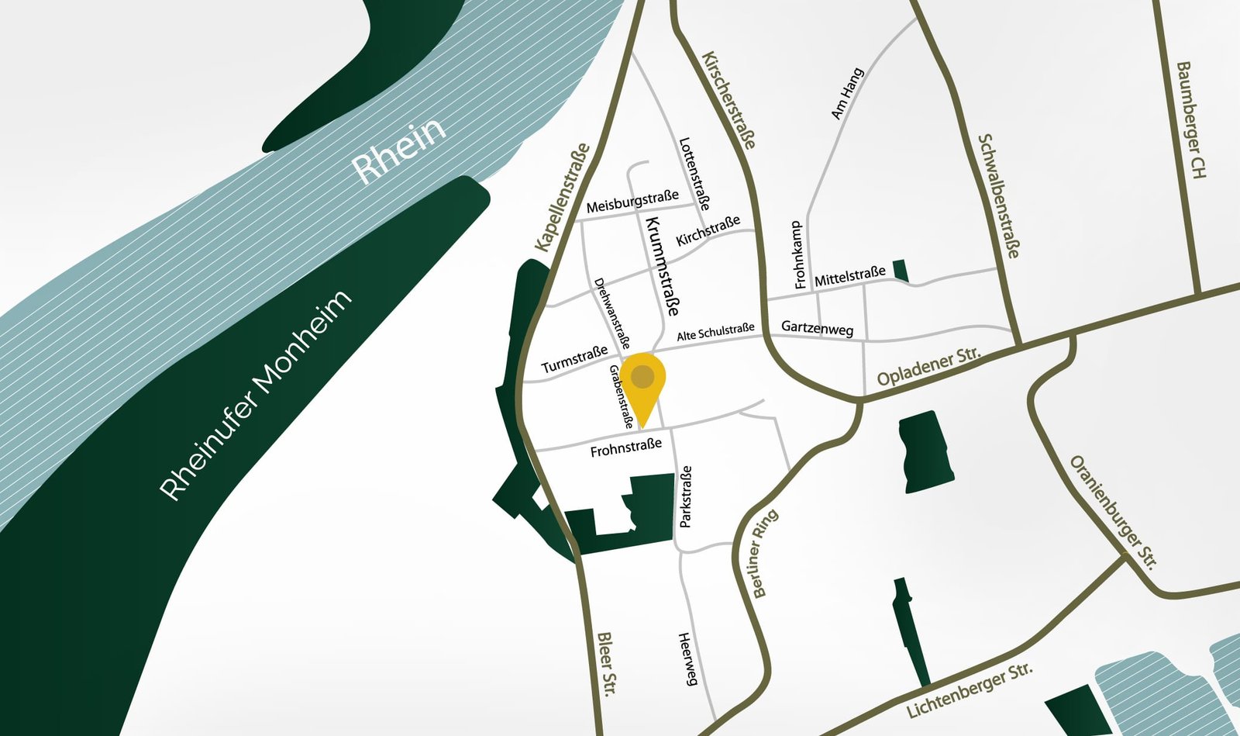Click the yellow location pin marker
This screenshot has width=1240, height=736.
[x=642, y=382]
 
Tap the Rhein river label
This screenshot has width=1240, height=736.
[x=399, y=150]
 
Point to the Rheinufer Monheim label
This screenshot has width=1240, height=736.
[x=256, y=395]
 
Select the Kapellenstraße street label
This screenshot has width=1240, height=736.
[x=563, y=198]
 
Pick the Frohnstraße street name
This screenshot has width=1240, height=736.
[x=625, y=447]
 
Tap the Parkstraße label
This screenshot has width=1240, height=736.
[x=685, y=497]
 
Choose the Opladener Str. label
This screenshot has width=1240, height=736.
[x=928, y=366]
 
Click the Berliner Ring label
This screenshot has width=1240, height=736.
[x=764, y=554]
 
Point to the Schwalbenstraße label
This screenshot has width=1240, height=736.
[x=999, y=196]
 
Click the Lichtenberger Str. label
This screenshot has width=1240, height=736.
[x=970, y=690]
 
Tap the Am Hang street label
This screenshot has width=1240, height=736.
[x=847, y=94]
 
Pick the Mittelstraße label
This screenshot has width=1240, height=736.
[x=849, y=276]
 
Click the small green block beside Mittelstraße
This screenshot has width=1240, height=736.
[x=901, y=270]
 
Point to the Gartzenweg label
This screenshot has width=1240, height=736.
[x=817, y=328]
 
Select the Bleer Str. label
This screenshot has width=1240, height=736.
[x=607, y=663]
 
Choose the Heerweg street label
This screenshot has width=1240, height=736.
[x=688, y=659]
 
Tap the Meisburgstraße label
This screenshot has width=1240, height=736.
[x=632, y=202]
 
